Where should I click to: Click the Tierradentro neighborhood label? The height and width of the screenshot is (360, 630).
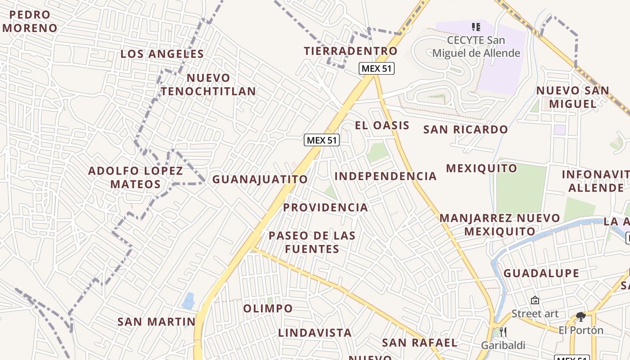(351, 51)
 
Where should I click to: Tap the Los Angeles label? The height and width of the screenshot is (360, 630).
(162, 54)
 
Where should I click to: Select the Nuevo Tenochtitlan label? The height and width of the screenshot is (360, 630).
(208, 85)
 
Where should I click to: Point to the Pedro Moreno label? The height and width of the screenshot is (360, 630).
(30, 21)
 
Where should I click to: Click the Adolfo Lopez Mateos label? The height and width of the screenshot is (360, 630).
(135, 177)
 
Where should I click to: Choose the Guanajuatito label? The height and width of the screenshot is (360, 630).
(260, 179)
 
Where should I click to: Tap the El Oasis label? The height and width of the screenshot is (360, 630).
(382, 126)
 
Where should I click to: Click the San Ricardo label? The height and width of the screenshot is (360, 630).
(466, 130)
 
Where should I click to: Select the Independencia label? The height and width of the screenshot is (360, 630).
(386, 176)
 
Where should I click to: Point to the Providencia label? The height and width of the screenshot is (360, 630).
(325, 207)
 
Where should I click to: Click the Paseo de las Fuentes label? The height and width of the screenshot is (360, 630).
(312, 242)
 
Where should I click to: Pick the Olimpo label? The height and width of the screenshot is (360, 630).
(268, 309)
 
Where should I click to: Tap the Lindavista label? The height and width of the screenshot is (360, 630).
(315, 333)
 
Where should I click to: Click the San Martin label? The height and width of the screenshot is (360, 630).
(156, 322)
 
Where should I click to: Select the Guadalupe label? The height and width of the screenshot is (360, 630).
(541, 273)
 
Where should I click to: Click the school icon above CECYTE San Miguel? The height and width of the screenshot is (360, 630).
(476, 27)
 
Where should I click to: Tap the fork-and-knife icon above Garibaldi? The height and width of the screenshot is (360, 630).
(503, 332)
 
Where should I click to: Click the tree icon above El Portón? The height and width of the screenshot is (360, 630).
(581, 317)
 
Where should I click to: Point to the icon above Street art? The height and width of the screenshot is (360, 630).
(535, 300)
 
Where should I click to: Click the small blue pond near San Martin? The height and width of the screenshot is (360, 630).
(188, 301)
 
